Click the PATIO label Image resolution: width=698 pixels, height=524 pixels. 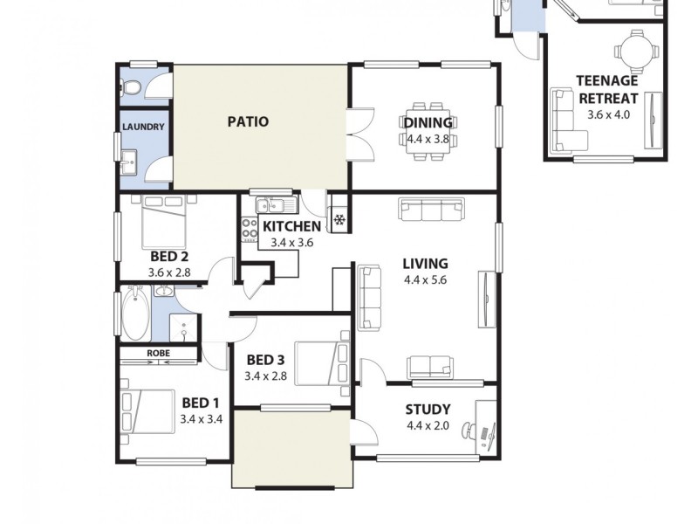[248, 122]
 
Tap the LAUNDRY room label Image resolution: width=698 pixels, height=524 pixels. [142, 127]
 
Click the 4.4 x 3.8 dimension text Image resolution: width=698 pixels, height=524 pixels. [428, 139]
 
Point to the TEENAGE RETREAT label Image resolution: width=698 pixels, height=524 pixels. [608, 90]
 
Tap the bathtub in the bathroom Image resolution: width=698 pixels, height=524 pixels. [134, 314]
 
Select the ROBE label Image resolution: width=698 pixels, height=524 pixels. [158, 354]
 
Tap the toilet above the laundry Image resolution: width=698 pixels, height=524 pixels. [131, 88]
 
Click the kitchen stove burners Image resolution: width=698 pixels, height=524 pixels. [247, 230]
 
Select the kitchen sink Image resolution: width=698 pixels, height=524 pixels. [277, 206]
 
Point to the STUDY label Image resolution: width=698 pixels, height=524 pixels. [428, 410]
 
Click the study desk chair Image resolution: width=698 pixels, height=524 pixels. [470, 431]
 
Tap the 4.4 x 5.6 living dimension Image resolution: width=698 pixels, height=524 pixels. [425, 280]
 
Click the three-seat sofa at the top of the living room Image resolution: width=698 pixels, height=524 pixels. [431, 209]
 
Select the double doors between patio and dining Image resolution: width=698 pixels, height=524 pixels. [360, 133]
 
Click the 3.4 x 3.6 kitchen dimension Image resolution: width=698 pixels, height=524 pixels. [291, 243]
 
